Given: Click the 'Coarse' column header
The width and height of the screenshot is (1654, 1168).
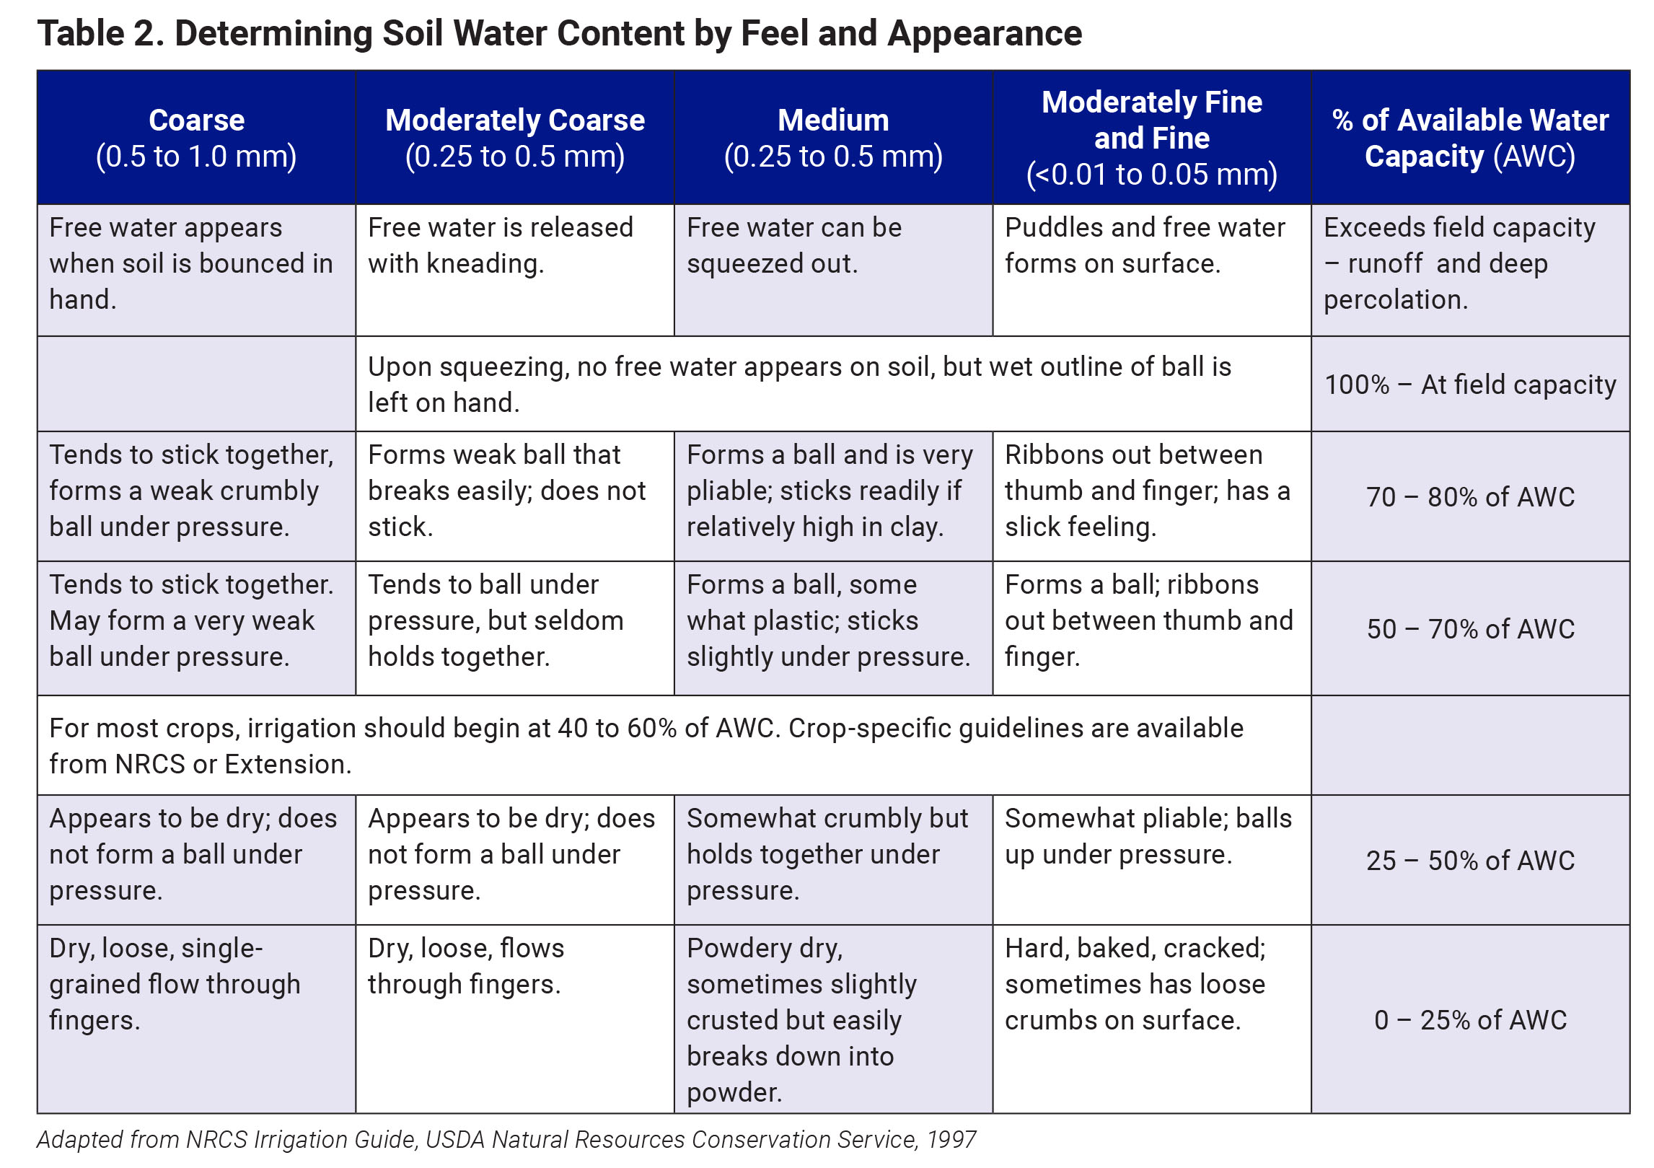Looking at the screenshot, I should pyautogui.click(x=196, y=138).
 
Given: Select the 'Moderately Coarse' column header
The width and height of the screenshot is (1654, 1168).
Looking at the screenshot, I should pyautogui.click(x=514, y=138).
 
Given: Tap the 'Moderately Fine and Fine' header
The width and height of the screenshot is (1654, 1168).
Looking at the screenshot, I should pyautogui.click(x=1151, y=138).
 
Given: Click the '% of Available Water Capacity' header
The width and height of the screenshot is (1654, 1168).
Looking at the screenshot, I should pyautogui.click(x=1470, y=138).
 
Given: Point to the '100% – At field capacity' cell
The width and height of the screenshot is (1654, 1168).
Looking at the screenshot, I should pyautogui.click(x=1470, y=385).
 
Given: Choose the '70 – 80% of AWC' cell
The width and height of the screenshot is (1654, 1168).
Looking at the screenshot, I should pyautogui.click(x=1470, y=497).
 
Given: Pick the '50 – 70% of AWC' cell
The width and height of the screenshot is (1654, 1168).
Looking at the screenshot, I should pyautogui.click(x=1470, y=629).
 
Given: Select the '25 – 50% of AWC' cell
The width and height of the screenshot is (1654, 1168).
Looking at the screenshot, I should pyautogui.click(x=1470, y=861).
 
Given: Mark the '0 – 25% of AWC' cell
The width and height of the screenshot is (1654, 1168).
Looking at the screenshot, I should pyautogui.click(x=1470, y=1020).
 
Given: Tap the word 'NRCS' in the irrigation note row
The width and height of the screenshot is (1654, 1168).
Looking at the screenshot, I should pyautogui.click(x=150, y=765).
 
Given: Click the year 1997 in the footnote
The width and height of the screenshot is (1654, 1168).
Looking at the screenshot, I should pyautogui.click(x=951, y=1140).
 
